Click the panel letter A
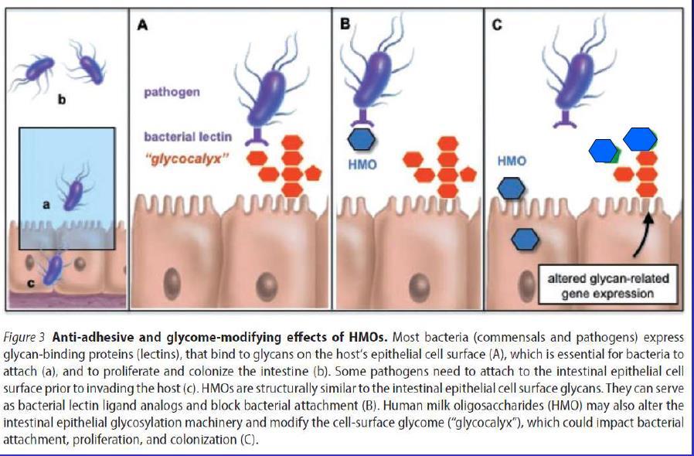click(x=142, y=25)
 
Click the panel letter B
click(x=345, y=25)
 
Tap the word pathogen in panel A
click(x=171, y=92)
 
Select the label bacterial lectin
click(x=187, y=136)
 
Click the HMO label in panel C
click(x=512, y=161)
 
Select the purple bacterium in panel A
click(x=267, y=94)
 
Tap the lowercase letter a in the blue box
click(x=46, y=204)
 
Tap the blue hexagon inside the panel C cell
click(x=526, y=239)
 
